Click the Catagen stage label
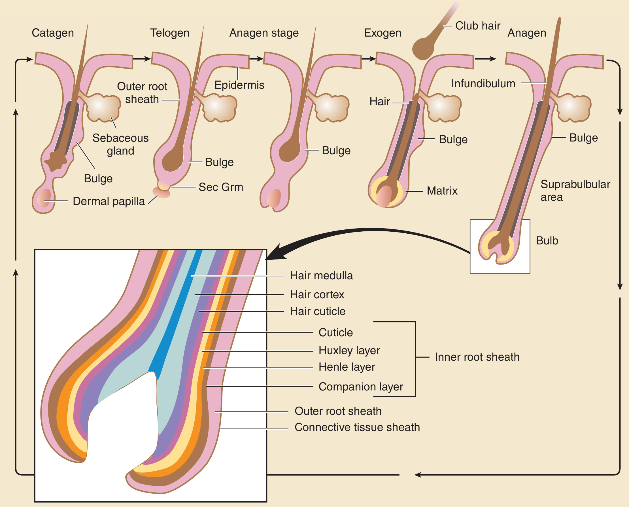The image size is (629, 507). click(53, 33)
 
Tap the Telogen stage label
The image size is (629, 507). click(170, 33)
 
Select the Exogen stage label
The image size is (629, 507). click(382, 33)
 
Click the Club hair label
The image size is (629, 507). click(478, 26)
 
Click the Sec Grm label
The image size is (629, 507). click(221, 187)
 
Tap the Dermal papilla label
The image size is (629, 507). click(109, 201)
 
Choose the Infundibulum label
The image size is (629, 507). click(483, 84)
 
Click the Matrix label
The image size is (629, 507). click(442, 191)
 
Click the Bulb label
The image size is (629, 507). click(547, 241)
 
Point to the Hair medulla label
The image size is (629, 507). click(321, 275)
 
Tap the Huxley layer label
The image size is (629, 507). click(349, 350)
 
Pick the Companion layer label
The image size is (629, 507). click(361, 387)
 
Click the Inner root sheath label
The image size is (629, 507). click(477, 357)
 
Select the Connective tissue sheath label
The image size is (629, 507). click(357, 427)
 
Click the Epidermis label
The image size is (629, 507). click(239, 85)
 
